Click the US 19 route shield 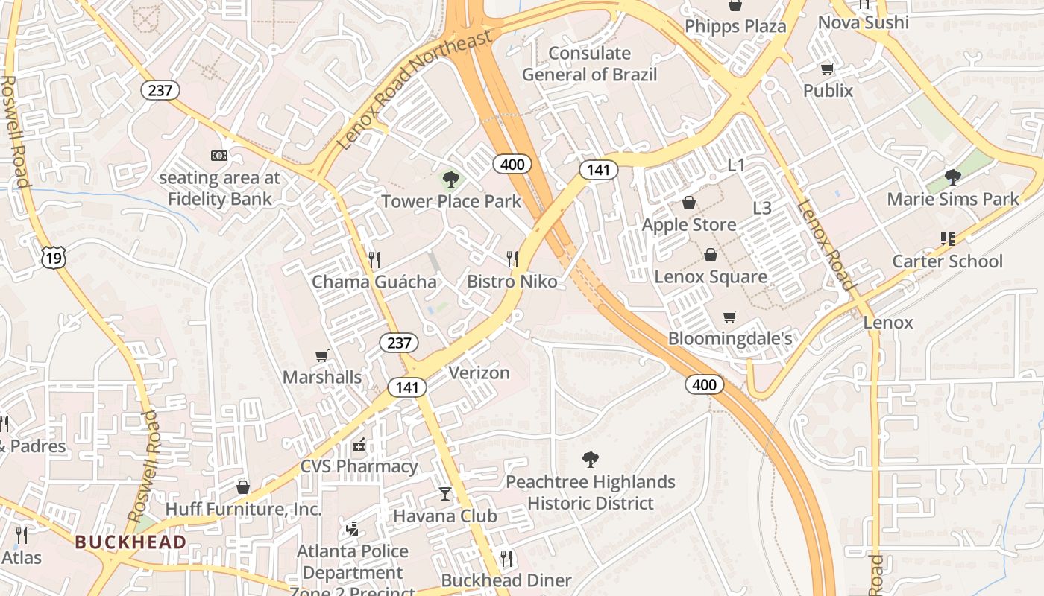[x=54, y=257]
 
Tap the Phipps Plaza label [x=735, y=27]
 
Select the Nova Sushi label [x=864, y=22]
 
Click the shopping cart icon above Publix [x=826, y=69]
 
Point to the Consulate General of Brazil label [x=589, y=64]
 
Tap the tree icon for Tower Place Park [x=450, y=179]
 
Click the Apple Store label [x=689, y=225]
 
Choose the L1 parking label [x=736, y=165]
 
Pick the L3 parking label [x=762, y=209]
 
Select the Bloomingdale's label [x=729, y=338]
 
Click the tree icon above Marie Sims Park [x=952, y=177]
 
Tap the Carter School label [x=948, y=261]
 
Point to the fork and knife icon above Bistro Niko [x=512, y=259]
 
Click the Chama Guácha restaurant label [x=374, y=282]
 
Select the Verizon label [x=479, y=372]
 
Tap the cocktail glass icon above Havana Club [x=445, y=493]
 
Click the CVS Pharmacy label [x=359, y=466]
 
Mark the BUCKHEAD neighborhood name [x=130, y=542]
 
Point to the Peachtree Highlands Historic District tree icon [x=590, y=459]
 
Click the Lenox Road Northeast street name [x=415, y=88]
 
